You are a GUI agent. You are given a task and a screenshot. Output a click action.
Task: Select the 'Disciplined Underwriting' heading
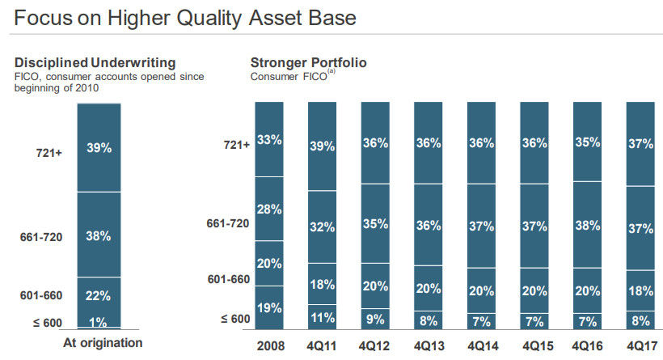coord(95,62)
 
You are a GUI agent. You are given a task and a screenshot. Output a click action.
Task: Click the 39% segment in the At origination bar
coord(99,148)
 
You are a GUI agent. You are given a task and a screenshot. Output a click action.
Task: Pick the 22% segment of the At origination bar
coord(99,295)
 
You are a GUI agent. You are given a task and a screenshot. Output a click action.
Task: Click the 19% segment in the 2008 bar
coord(269,307)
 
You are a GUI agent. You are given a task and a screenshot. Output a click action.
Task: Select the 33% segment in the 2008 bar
coord(269,139)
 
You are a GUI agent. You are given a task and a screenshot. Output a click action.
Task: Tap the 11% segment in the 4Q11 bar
coord(323,318)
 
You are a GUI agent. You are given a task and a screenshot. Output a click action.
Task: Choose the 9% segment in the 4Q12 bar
coord(375,319)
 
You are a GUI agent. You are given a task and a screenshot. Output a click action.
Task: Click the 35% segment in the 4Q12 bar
coord(375,224)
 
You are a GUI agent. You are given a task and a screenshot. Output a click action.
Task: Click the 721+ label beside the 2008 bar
coord(237,145)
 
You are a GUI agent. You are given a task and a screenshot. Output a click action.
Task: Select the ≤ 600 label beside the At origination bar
coord(47,323)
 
